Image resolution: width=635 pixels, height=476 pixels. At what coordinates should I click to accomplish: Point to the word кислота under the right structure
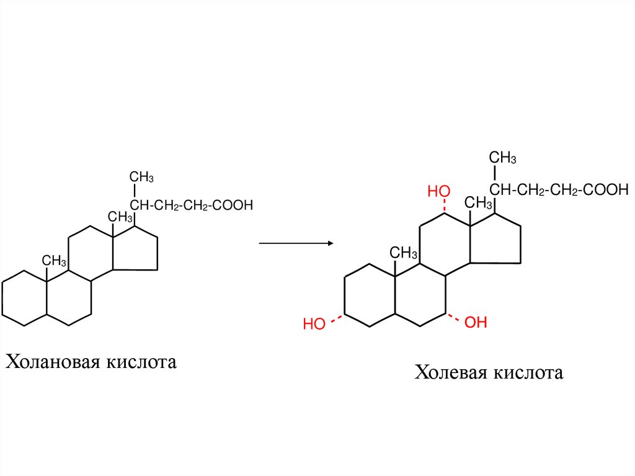point(528,373)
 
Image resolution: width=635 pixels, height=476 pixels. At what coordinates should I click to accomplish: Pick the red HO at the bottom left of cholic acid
point(314,324)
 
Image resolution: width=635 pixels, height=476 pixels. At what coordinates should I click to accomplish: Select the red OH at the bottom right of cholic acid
point(476,323)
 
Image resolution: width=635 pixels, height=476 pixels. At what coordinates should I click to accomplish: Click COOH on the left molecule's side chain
point(233,205)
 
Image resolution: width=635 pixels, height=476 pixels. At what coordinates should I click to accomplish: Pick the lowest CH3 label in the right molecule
point(404,253)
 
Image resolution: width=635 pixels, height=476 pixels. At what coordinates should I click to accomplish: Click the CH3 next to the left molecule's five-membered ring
point(121,217)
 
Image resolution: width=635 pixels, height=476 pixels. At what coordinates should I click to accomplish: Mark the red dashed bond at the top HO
point(445,206)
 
